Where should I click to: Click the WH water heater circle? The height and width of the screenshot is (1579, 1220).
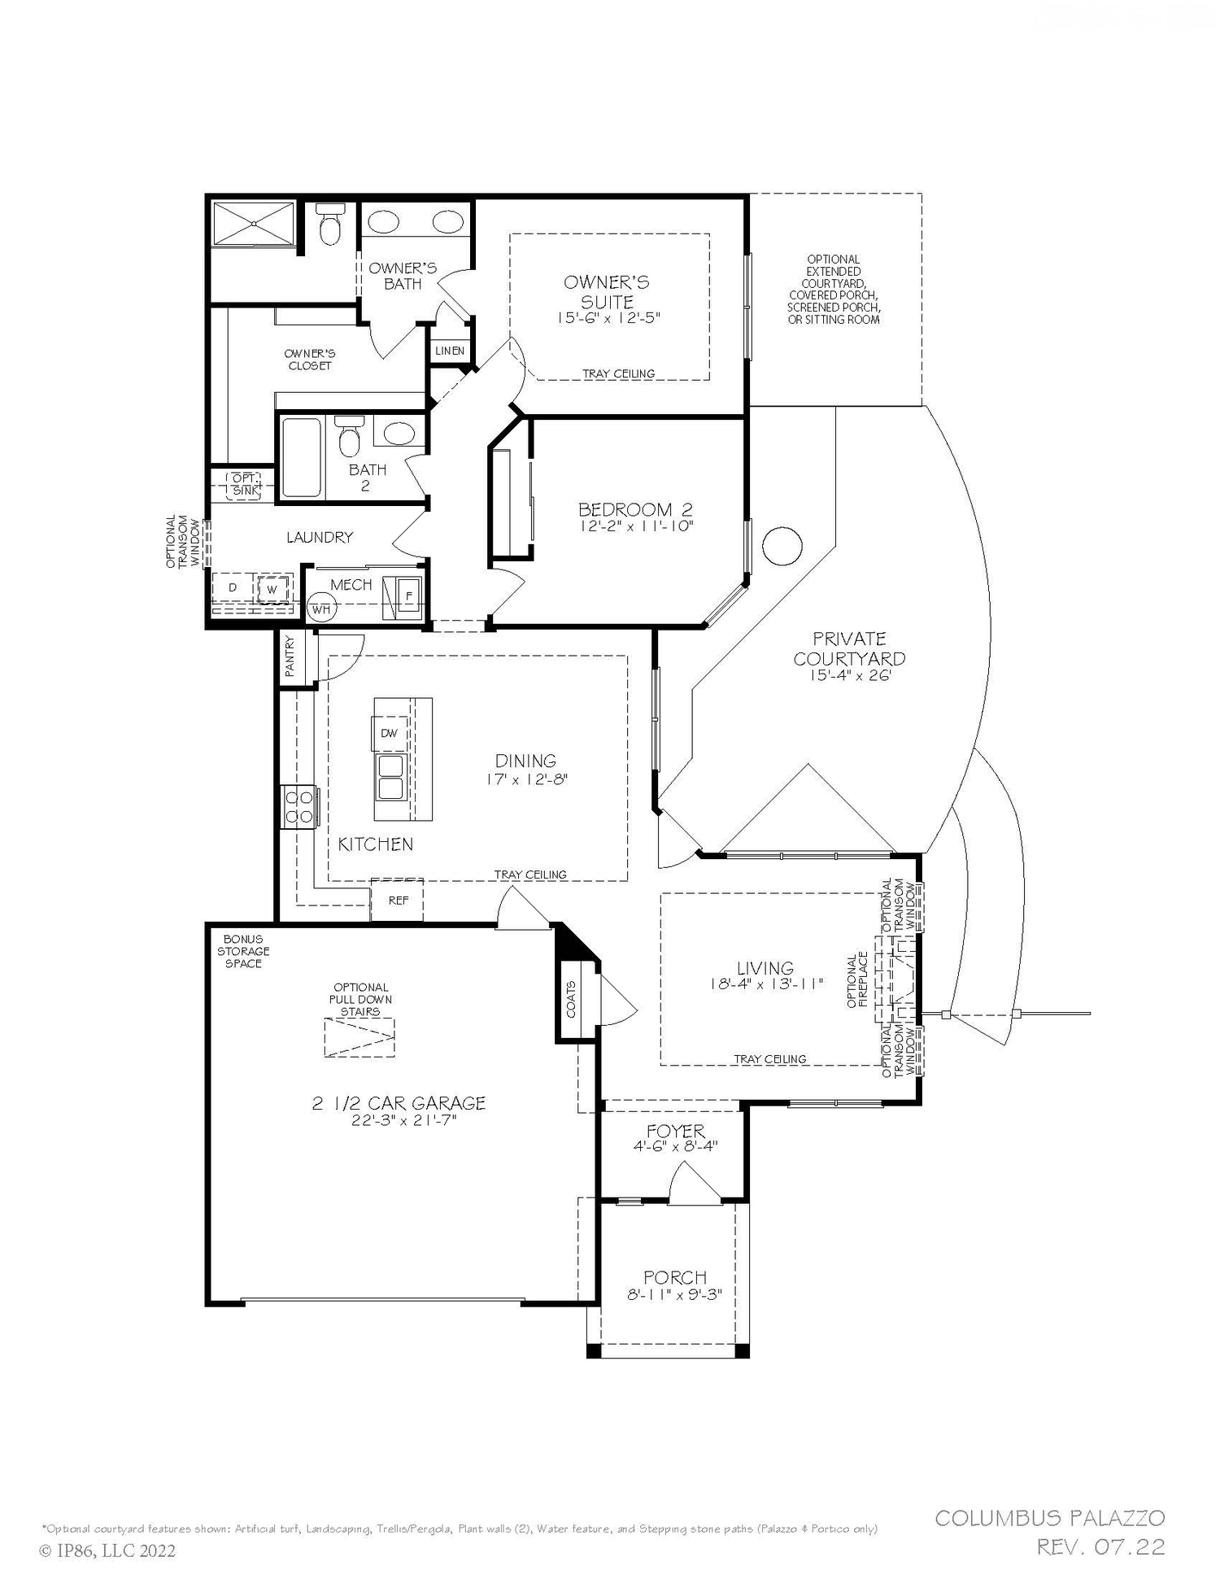tap(321, 608)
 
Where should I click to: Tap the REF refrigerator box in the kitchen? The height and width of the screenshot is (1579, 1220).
tap(398, 901)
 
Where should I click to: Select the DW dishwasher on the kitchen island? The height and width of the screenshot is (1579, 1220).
tap(389, 733)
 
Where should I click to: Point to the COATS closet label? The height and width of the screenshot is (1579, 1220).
tap(572, 999)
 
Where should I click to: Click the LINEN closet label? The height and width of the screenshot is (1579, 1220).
tap(450, 351)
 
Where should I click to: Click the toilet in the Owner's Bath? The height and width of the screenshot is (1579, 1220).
tap(330, 225)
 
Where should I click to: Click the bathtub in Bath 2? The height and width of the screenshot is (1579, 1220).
tap(301, 457)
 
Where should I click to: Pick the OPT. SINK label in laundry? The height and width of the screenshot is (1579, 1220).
tap(243, 485)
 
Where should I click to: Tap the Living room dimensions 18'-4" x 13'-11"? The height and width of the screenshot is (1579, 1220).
tap(766, 984)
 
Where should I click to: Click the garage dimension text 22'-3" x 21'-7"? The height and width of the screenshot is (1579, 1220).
tap(399, 1120)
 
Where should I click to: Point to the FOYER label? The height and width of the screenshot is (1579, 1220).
tap(675, 1131)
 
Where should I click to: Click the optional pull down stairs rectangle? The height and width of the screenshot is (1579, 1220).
tap(360, 1038)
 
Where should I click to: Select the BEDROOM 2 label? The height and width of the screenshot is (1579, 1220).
tap(635, 510)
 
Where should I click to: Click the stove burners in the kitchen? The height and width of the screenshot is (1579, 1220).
tap(298, 806)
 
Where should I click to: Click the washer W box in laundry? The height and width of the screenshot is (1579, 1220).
tap(272, 588)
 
